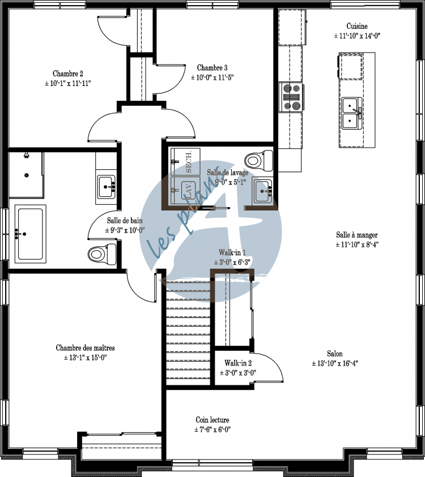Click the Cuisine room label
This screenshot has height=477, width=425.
click(357, 26)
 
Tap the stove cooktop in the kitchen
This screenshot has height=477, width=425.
click(292, 96)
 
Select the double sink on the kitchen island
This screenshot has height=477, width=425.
click(352, 110)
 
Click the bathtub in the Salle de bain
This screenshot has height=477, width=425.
click(28, 233)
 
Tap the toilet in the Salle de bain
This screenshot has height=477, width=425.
click(102, 252)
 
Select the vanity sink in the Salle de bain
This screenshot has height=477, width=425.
click(106, 186)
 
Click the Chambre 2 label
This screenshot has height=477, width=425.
click(68, 74)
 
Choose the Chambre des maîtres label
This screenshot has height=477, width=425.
click(85, 348)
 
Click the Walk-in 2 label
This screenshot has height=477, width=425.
click(238, 363)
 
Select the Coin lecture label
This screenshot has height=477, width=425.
click(212, 420)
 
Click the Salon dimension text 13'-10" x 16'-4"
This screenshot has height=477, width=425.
click(334, 364)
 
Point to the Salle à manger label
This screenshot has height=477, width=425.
click(356, 235)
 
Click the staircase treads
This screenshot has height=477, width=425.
click(188, 334)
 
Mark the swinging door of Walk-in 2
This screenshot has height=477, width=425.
click(272, 371)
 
